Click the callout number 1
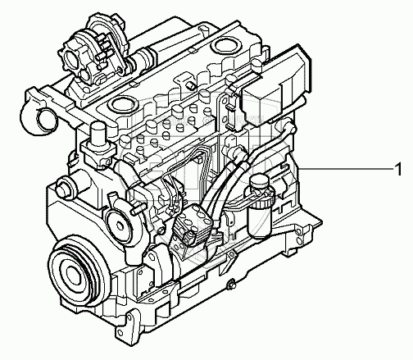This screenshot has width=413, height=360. pyautogui.click(x=398, y=170)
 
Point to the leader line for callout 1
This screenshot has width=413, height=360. pyautogui.click(x=347, y=170)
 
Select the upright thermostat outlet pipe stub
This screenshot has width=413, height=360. pyautogui.click(x=98, y=135)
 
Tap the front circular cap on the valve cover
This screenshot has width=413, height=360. pyautogui.click(x=122, y=104)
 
